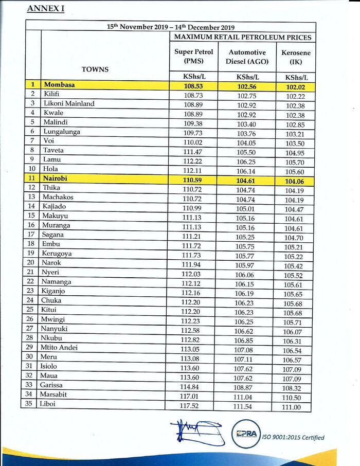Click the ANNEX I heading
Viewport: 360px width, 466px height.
[45, 9]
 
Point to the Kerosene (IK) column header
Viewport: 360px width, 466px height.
[296, 57]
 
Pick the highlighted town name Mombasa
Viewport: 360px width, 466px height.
[60, 85]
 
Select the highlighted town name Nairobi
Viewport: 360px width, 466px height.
[58, 178]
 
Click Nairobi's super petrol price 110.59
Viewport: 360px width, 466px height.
[193, 179]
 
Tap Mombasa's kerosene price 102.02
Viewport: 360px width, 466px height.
[295, 87]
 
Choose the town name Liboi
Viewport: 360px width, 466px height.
[48, 404]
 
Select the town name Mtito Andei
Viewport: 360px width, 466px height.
[61, 348]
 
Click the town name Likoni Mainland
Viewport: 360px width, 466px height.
[69, 103]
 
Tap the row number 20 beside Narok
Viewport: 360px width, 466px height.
[32, 263]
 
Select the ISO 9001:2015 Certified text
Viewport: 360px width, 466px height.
[294, 438]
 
